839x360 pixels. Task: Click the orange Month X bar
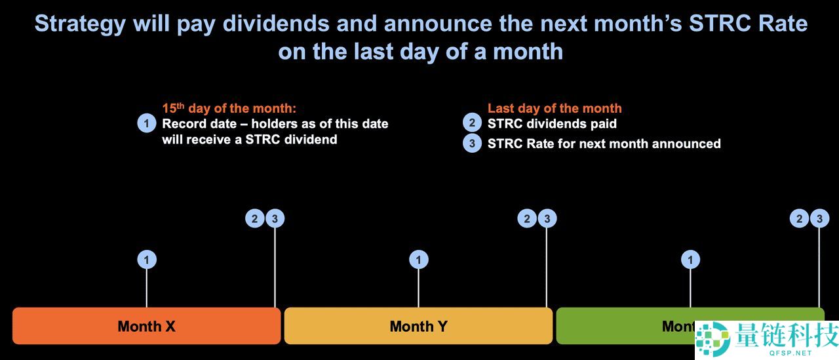point(146,326)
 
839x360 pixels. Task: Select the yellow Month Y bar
point(418,326)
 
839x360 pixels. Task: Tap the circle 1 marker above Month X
point(147,260)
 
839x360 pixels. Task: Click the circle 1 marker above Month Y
point(419,260)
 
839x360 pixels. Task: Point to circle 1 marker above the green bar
point(691,260)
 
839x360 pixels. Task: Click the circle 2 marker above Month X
point(255,218)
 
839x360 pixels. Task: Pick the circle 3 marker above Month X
point(275,218)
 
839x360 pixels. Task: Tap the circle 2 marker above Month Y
point(527,218)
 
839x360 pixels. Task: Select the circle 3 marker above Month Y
point(547,218)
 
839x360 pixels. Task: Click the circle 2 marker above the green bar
point(799,218)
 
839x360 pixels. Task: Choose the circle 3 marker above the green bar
point(819,218)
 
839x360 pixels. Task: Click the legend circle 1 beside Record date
point(147,123)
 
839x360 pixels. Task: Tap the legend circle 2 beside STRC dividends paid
point(473,123)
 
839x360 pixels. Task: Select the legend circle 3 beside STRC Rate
point(473,143)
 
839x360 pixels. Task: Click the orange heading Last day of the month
point(555,108)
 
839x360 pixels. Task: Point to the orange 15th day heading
point(229,108)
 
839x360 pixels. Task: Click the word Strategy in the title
point(80,24)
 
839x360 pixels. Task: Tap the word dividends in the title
point(276,23)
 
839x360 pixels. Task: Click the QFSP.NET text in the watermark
point(790,353)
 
